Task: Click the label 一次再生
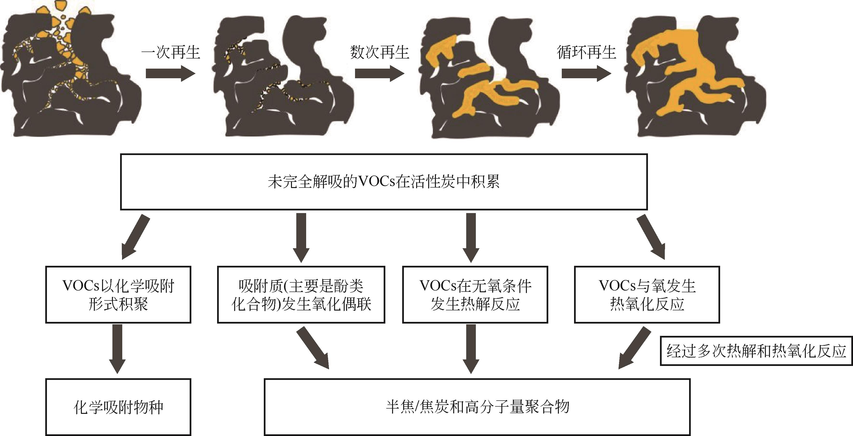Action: point(171,52)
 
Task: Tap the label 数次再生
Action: point(380,52)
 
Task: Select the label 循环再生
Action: point(586,52)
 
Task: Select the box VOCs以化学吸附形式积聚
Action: point(118,294)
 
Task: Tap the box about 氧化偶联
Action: point(301,294)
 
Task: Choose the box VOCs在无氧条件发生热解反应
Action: point(475,294)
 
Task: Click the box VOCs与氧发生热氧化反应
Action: point(647,294)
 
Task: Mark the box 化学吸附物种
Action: point(118,407)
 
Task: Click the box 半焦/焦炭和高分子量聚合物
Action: point(477,407)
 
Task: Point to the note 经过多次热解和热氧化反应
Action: point(756,351)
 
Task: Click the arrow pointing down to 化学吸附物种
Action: point(117,348)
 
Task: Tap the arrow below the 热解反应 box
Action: point(471,348)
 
